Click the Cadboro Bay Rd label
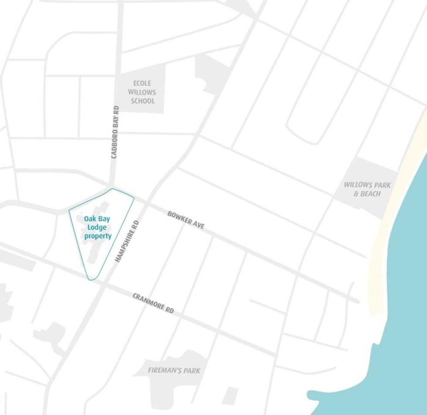(115, 132)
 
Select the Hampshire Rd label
(127, 240)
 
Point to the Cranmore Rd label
(153, 303)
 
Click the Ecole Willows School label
(142, 92)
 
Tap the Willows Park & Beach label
(367, 189)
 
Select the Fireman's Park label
(174, 371)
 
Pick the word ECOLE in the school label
(142, 83)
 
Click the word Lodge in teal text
(97, 227)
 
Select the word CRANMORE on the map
(148, 301)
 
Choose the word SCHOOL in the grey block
(142, 101)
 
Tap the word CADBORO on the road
(115, 144)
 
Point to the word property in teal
(98, 236)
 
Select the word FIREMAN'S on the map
(165, 371)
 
